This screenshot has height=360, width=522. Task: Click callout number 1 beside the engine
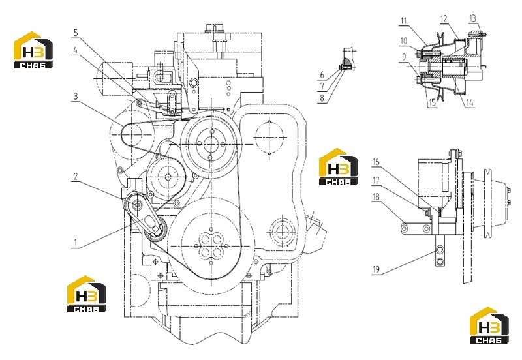click(x=76, y=243)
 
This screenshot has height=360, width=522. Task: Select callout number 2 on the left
click(x=76, y=176)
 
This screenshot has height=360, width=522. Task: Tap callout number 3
click(x=76, y=97)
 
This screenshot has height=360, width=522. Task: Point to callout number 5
click(x=76, y=33)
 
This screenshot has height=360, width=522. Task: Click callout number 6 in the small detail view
click(x=322, y=75)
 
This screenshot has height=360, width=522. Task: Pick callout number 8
click(x=322, y=98)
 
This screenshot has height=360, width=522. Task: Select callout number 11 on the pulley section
click(x=404, y=21)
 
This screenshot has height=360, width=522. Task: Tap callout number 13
click(x=472, y=18)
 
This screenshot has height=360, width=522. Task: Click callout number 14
click(x=469, y=103)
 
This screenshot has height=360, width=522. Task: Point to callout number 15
click(x=432, y=103)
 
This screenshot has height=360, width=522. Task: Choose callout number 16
click(x=376, y=162)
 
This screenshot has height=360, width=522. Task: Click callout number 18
click(x=376, y=197)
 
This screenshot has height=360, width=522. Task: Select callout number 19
click(x=376, y=269)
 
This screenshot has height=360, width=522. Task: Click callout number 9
click(x=404, y=57)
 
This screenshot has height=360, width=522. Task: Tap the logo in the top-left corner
click(x=33, y=50)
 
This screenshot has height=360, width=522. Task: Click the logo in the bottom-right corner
click(x=489, y=325)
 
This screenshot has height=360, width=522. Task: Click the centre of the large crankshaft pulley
click(x=211, y=246)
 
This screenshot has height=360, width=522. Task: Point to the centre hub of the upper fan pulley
click(x=210, y=144)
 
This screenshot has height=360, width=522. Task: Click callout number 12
click(x=444, y=19)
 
